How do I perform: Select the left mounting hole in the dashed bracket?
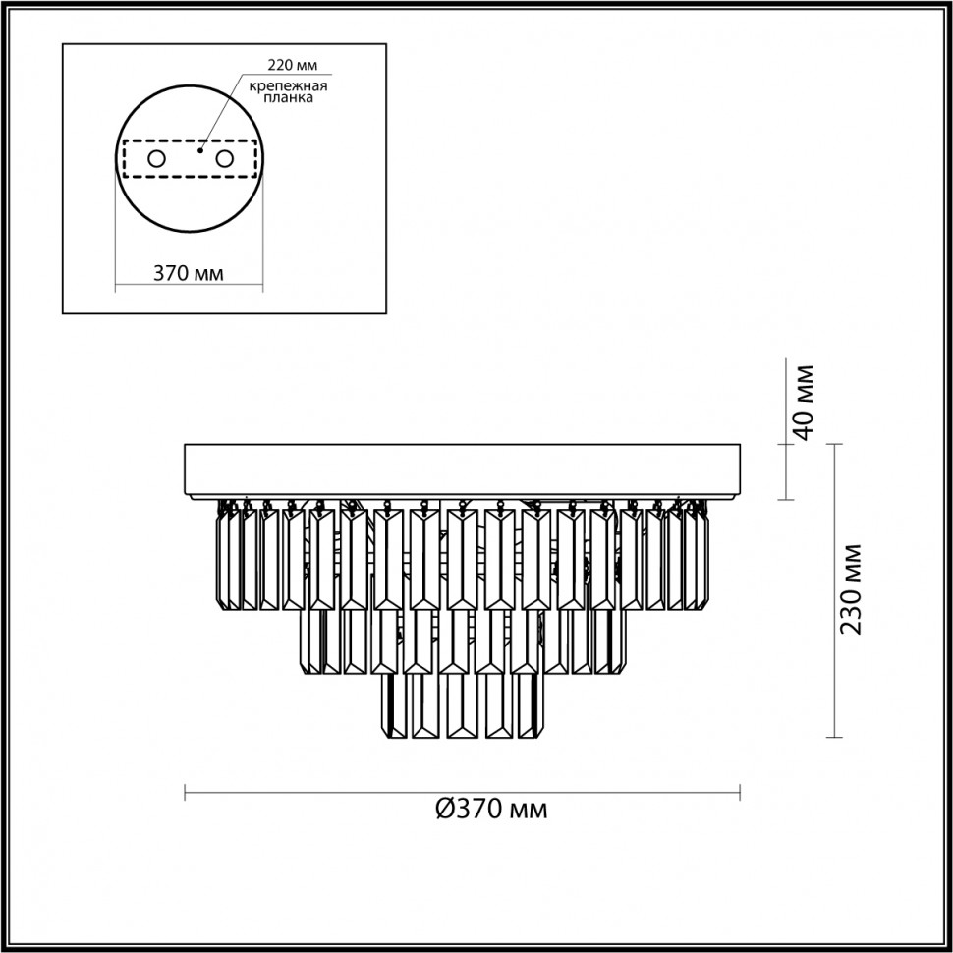click(x=155, y=158)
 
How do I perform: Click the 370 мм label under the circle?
click(x=188, y=273)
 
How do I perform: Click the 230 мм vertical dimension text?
click(x=851, y=589)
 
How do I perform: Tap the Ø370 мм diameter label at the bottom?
click(x=490, y=810)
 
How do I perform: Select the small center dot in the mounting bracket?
click(x=199, y=151)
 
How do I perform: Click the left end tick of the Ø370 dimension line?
click(x=186, y=792)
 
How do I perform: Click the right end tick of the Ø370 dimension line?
click(x=739, y=792)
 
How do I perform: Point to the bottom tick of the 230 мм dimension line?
click(x=834, y=737)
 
